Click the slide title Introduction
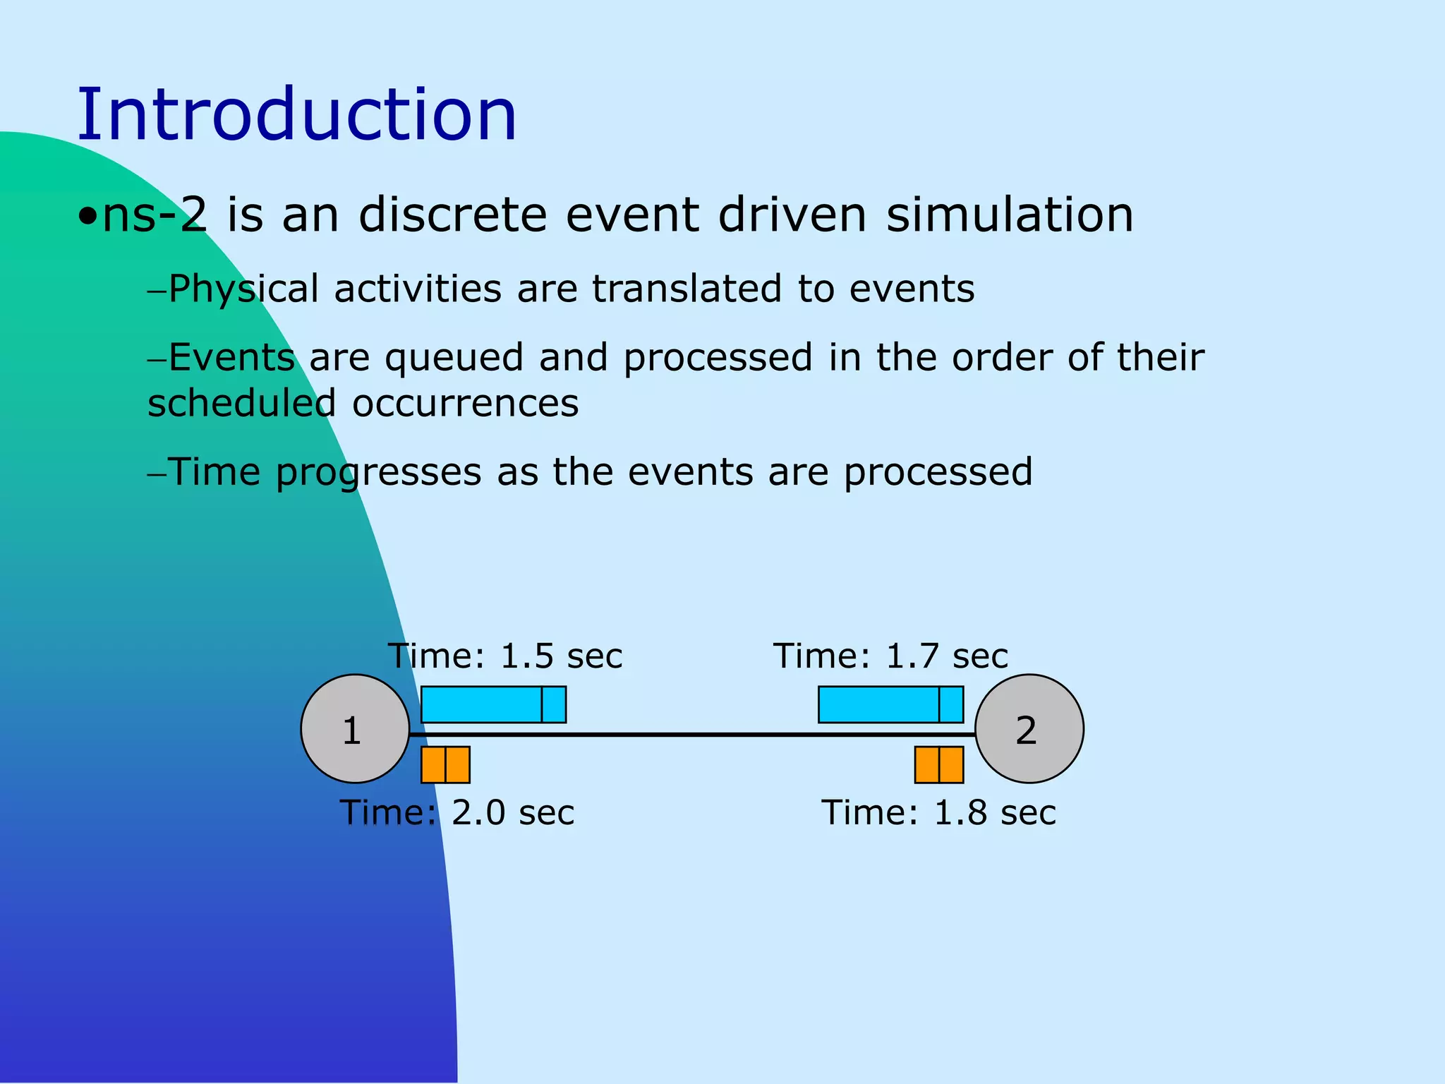tap(296, 114)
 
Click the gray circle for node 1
tap(355, 728)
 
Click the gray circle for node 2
tap(1029, 728)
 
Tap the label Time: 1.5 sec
tap(505, 656)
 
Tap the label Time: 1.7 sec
tap(890, 656)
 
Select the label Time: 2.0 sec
tap(457, 813)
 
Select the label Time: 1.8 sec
tap(938, 813)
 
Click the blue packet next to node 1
tap(493, 704)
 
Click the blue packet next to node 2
tap(890, 704)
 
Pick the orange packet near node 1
tap(445, 765)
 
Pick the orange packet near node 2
tap(938, 765)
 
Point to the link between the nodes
tap(691, 735)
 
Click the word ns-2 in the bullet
tap(155, 215)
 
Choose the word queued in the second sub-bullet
tap(454, 358)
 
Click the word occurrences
tap(465, 404)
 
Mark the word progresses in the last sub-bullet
tap(378, 472)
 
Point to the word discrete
tap(452, 215)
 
